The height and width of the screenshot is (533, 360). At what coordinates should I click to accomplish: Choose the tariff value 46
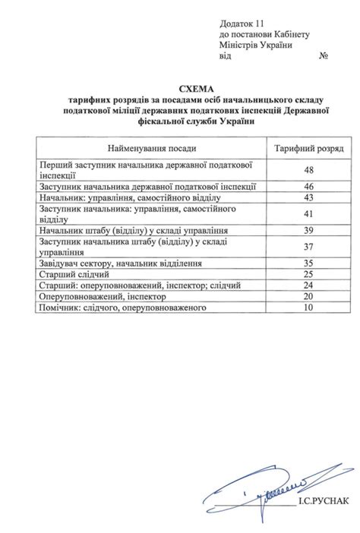(x=308, y=186)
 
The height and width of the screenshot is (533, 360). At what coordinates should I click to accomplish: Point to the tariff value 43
(x=308, y=197)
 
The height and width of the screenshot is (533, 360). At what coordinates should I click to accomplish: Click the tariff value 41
(x=308, y=213)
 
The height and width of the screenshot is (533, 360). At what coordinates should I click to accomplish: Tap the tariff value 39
(x=308, y=230)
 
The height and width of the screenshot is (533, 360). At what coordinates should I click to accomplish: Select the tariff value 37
(x=308, y=246)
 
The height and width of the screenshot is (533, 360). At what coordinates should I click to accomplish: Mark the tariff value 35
(x=308, y=263)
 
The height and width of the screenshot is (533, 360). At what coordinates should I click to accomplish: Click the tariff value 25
(x=308, y=274)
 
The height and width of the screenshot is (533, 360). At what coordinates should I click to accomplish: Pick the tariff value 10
(x=308, y=307)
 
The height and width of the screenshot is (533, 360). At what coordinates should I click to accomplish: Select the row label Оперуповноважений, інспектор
(x=105, y=297)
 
